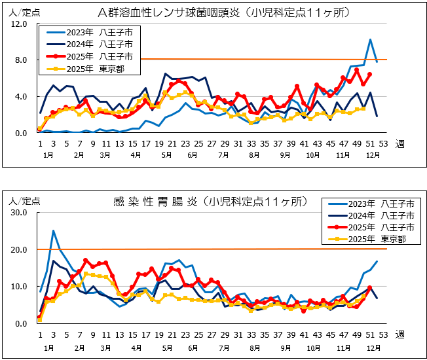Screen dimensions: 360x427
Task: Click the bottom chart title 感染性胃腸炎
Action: [155, 202]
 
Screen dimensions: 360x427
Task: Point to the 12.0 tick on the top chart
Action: [19, 24]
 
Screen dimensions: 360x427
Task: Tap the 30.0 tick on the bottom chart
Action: [19, 213]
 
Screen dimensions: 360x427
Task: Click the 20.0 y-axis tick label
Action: [19, 250]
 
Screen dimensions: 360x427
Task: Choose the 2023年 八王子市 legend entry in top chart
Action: [85, 32]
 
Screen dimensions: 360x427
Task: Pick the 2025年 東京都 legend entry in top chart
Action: [85, 69]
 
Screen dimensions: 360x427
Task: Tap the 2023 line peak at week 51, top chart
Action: [370, 40]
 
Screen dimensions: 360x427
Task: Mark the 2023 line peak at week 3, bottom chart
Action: [53, 231]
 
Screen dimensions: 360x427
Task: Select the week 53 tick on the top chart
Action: [383, 144]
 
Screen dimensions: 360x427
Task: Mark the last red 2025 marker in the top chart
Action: [370, 75]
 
